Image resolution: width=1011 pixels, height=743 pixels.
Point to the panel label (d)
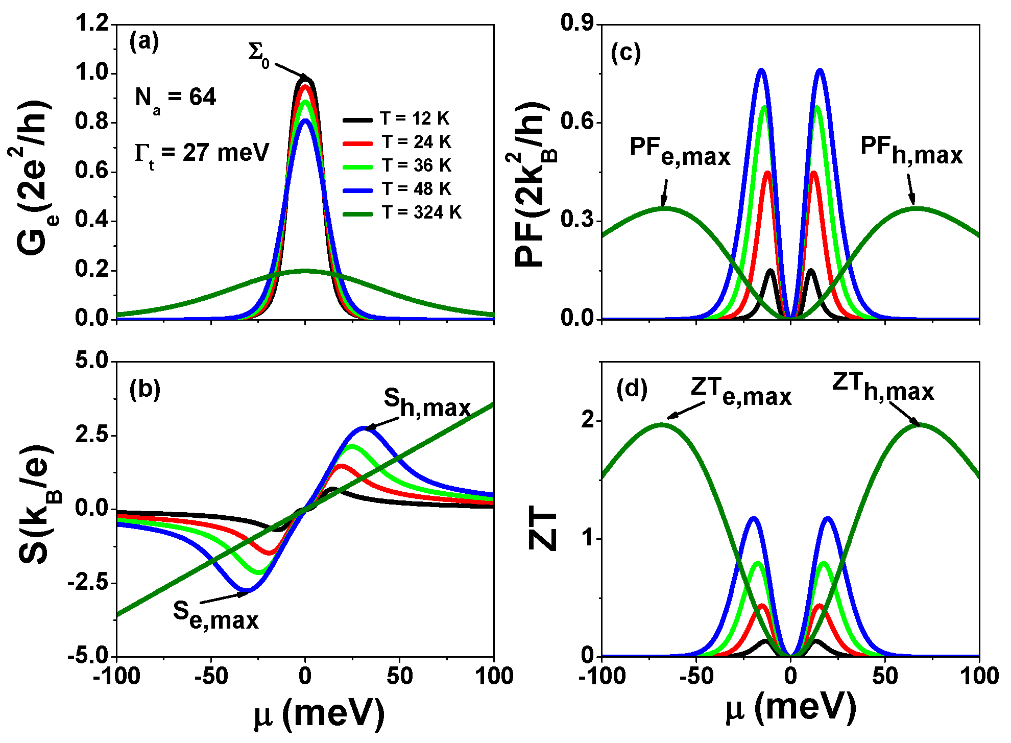coord(632,389)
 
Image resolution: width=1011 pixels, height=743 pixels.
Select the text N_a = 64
coord(175,98)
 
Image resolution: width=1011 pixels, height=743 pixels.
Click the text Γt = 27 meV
coord(201,153)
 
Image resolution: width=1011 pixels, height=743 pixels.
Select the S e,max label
coord(215,614)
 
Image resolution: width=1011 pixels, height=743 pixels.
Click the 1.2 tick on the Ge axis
coord(92,24)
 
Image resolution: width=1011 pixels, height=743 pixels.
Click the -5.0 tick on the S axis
coord(88,656)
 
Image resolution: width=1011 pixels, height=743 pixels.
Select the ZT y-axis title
coord(543,531)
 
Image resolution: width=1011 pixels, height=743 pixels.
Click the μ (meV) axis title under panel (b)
coord(319,713)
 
